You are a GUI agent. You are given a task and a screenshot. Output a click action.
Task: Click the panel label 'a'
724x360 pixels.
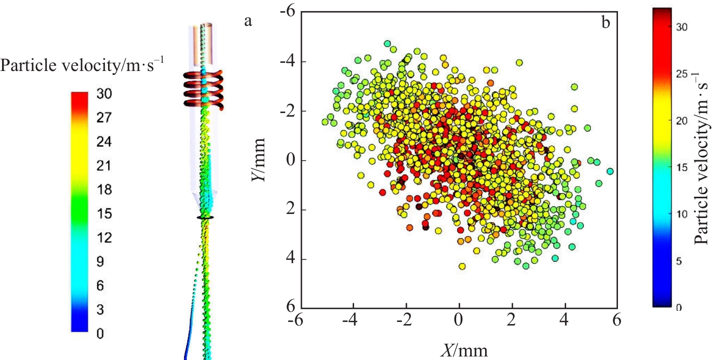tap(248, 21)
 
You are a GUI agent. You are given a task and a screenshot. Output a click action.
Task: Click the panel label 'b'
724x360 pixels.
tap(606, 23)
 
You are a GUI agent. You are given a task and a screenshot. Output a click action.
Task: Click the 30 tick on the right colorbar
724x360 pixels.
tap(681, 28)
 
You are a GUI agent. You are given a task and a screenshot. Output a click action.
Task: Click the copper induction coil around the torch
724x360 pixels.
tap(206, 88)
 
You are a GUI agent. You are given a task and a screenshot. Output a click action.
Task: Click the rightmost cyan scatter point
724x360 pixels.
tap(610, 171)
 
